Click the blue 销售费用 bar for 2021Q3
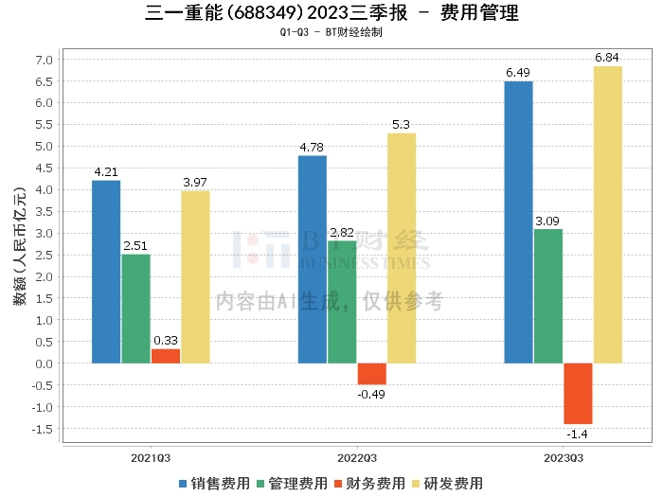[x=106, y=272]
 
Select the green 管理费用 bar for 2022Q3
[x=342, y=302]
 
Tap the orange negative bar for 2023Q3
[x=578, y=394]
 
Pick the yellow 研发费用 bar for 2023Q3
[x=608, y=215]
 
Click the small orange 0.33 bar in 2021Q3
[x=166, y=356]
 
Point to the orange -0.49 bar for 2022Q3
[x=372, y=374]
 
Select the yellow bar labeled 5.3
[x=402, y=248]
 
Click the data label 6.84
[x=607, y=58]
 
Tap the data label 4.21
[x=106, y=172]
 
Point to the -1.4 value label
[x=577, y=434]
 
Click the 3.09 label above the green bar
[x=547, y=221]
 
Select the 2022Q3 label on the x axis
[x=357, y=458]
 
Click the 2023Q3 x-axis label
[x=564, y=458]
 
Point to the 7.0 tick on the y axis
[x=44, y=60]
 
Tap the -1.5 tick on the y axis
[x=43, y=429]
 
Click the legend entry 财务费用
[x=369, y=484]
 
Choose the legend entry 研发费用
[x=447, y=484]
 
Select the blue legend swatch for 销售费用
[x=183, y=484]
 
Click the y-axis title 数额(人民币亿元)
[x=20, y=246]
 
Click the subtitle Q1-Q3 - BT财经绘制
[x=331, y=32]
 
